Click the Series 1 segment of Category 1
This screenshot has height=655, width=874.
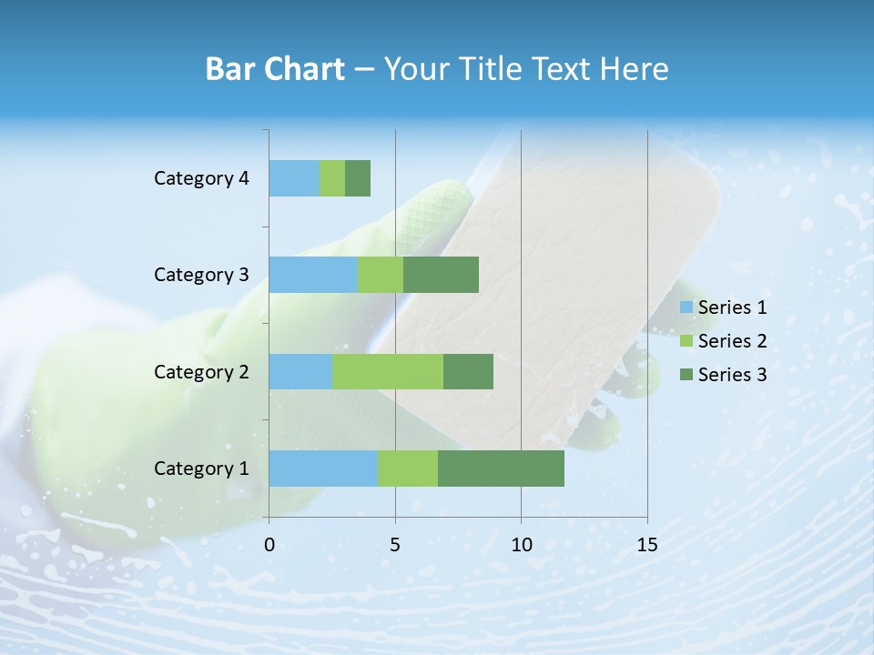click(x=323, y=469)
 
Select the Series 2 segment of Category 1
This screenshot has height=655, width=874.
click(x=408, y=469)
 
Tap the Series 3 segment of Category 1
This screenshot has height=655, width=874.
click(x=501, y=469)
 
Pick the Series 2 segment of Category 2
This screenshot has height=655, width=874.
click(x=388, y=371)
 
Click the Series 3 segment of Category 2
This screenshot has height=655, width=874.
click(x=468, y=371)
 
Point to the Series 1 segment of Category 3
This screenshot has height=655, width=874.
click(x=313, y=275)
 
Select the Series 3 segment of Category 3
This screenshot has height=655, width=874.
click(x=441, y=275)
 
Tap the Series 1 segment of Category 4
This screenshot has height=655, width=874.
click(x=294, y=178)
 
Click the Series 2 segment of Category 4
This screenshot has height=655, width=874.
click(x=332, y=178)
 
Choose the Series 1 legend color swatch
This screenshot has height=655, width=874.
click(x=686, y=307)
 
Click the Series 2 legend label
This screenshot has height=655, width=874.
click(x=732, y=341)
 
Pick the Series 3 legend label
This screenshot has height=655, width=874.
click(x=732, y=375)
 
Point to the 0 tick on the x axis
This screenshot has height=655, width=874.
click(x=269, y=545)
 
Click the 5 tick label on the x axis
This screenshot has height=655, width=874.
click(x=395, y=545)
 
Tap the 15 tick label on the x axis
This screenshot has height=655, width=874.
click(x=646, y=545)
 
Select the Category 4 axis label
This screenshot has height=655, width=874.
click(x=201, y=178)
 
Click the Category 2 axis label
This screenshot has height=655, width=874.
click(x=201, y=371)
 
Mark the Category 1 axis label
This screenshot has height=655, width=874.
click(x=201, y=469)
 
